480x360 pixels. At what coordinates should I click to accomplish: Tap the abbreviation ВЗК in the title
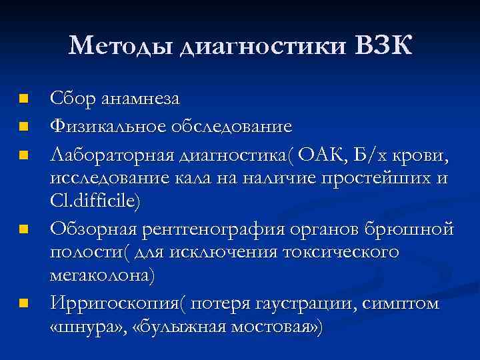pyautogui.click(x=385, y=46)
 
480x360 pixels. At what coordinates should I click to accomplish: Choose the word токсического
pyautogui.click(x=342, y=253)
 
